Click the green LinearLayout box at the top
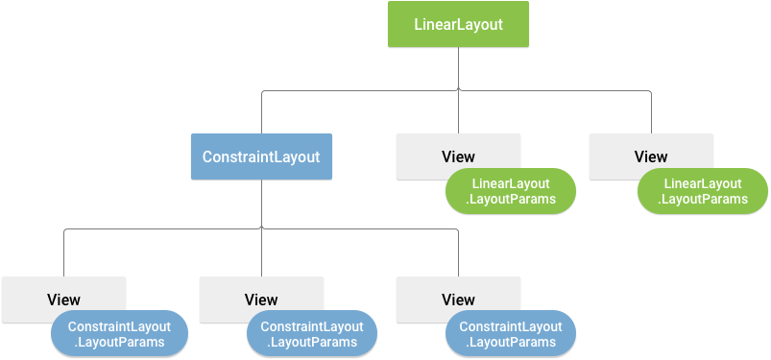point(458,25)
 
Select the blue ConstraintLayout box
point(261,156)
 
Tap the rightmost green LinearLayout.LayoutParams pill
point(703,191)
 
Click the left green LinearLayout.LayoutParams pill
point(511,191)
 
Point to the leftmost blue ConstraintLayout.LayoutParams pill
point(119,334)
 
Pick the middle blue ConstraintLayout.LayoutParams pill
point(313,334)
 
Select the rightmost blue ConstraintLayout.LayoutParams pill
point(511,334)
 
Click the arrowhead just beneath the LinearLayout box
point(458,89)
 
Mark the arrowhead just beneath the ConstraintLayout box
point(261,228)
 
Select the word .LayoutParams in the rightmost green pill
point(703,200)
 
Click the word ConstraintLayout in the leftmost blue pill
point(119,326)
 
